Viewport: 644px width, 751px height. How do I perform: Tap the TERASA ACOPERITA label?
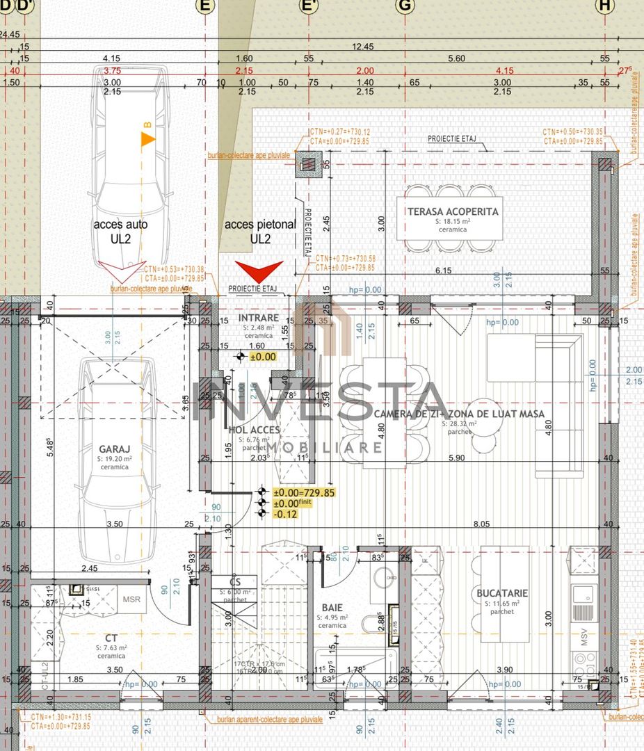453,211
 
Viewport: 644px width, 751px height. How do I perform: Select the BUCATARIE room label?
502,593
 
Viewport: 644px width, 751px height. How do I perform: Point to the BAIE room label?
332,606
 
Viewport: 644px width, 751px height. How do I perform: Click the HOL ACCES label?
254,430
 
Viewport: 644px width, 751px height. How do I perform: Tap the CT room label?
111,637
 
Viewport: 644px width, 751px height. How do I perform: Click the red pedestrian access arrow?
259,271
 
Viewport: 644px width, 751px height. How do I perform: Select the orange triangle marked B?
147,138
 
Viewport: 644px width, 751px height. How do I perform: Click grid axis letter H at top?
606,6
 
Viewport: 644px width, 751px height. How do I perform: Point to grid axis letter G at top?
404,6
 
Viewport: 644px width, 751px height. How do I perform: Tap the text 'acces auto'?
121,225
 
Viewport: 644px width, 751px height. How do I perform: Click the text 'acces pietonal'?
260,225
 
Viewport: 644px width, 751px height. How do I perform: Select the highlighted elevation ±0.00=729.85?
304,492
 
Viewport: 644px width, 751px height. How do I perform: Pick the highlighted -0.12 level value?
285,514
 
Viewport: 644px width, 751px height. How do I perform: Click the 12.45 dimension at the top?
363,47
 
